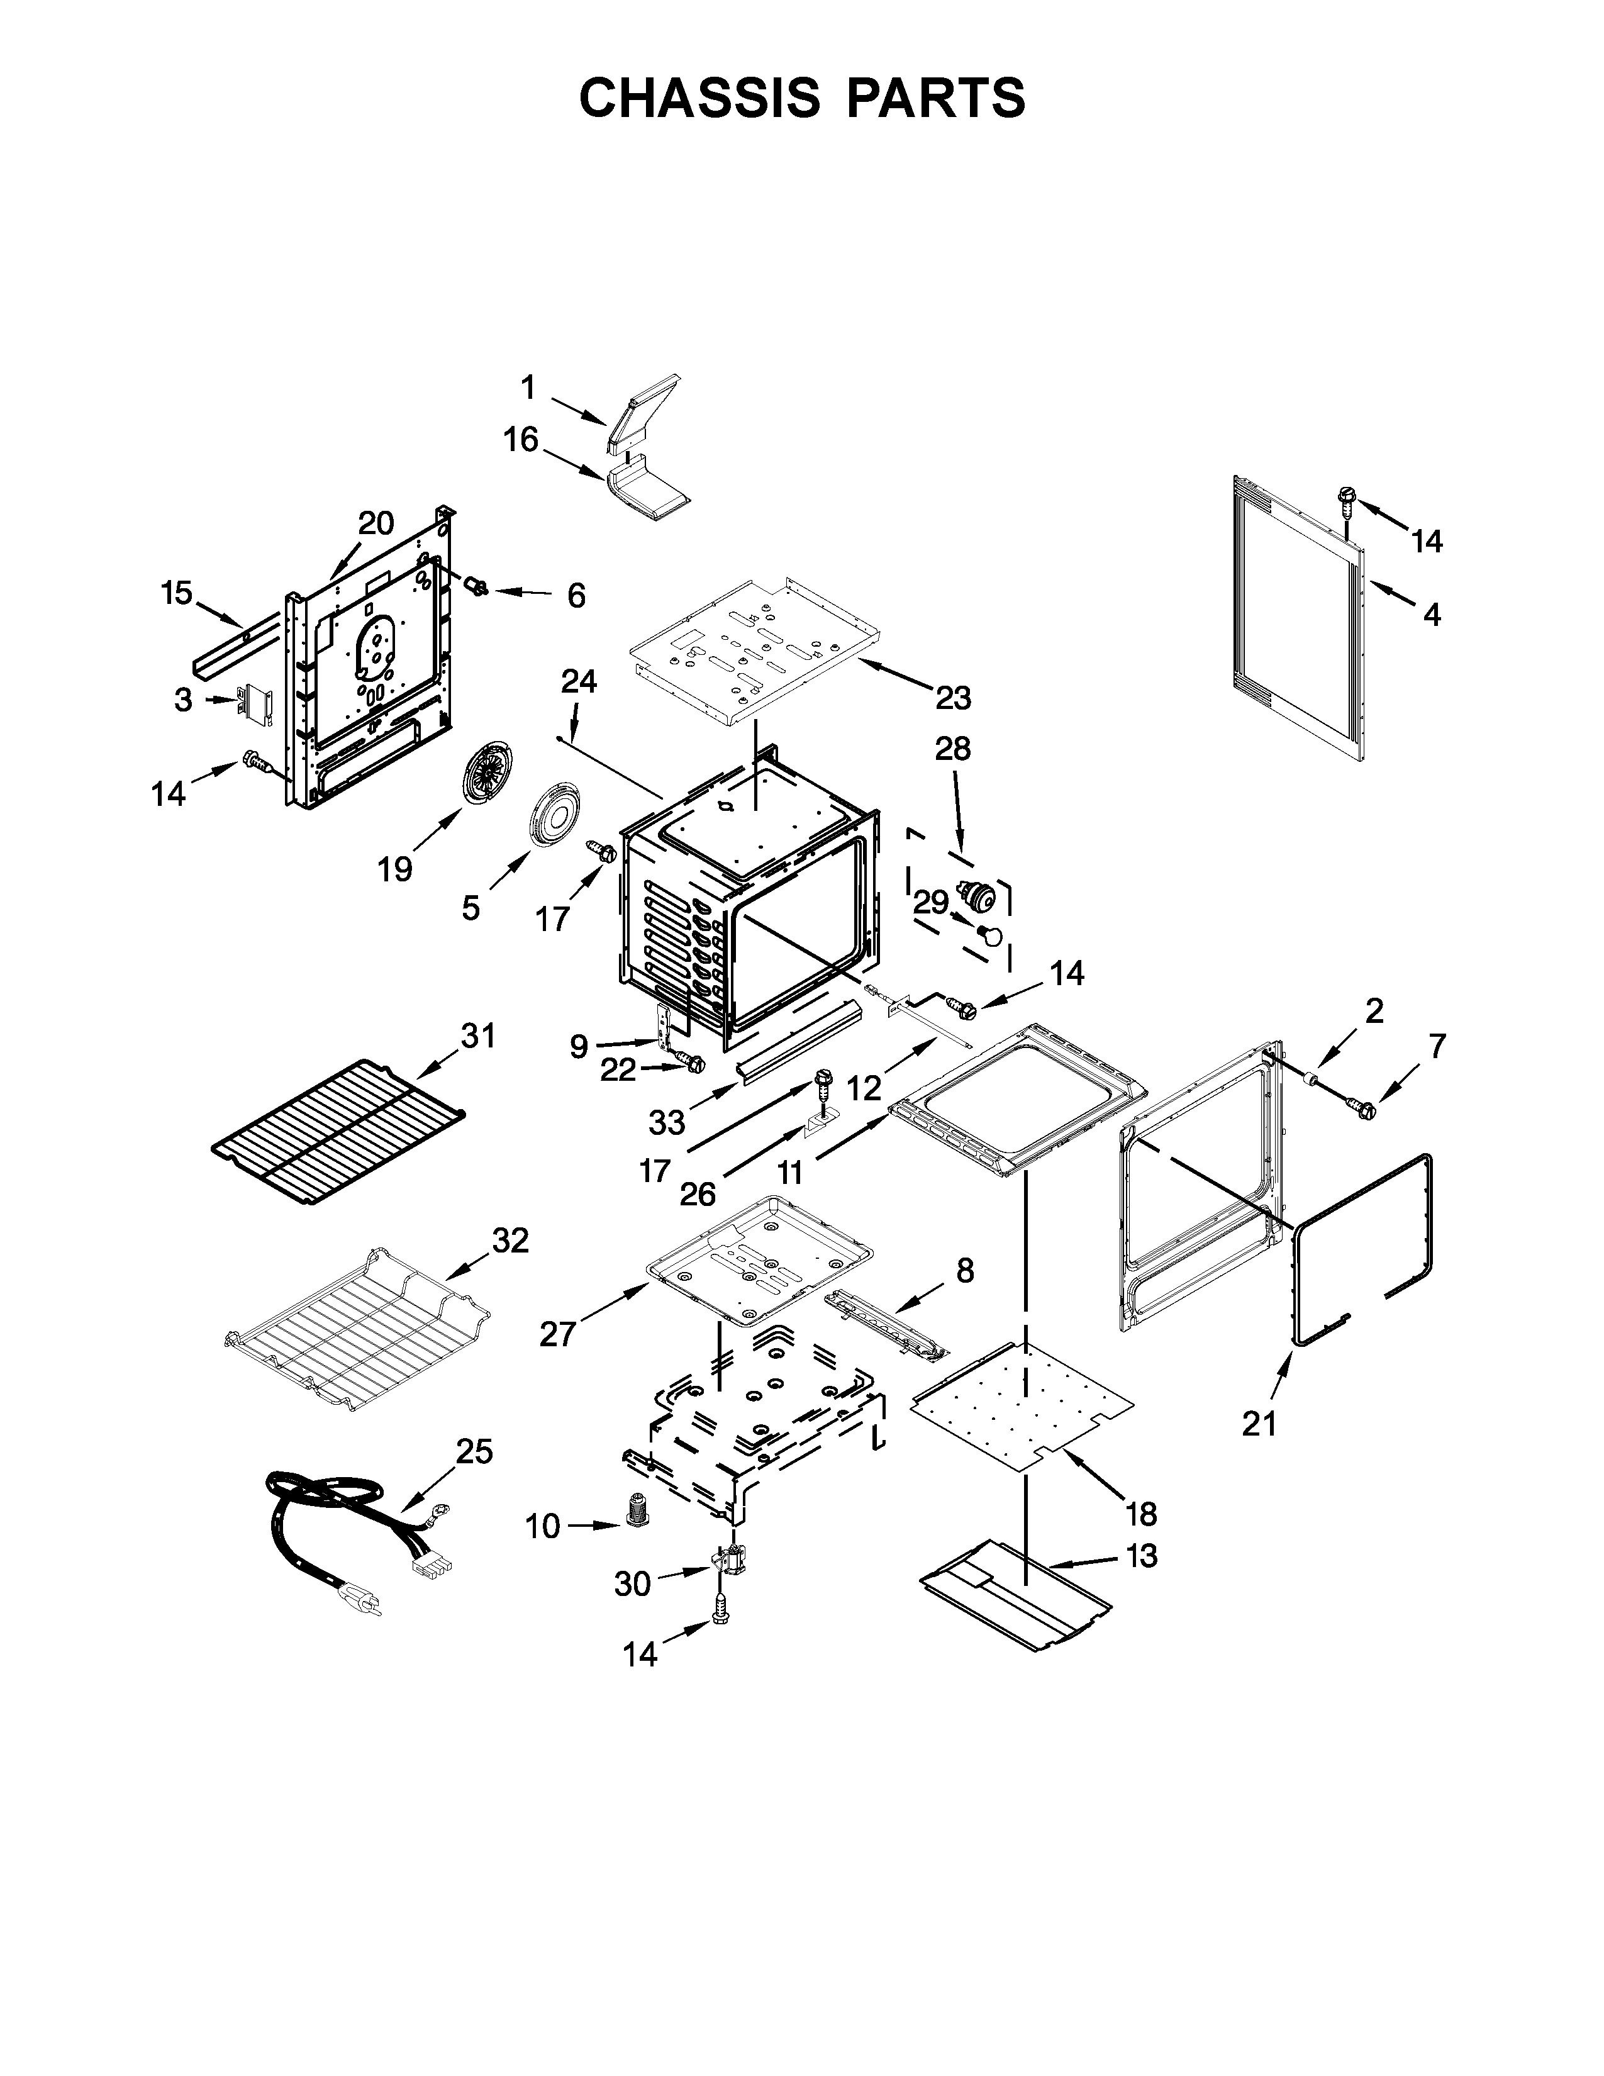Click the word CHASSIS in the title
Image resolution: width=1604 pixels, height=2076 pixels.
pyautogui.click(x=699, y=98)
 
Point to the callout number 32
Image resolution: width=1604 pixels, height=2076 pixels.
pyautogui.click(x=510, y=1241)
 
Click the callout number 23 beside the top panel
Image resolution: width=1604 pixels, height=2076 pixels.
pyautogui.click(x=953, y=698)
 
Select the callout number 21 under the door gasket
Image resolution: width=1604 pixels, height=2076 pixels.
pyautogui.click(x=1259, y=1451)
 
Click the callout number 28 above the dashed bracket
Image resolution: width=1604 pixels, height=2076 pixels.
pyautogui.click(x=953, y=749)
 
